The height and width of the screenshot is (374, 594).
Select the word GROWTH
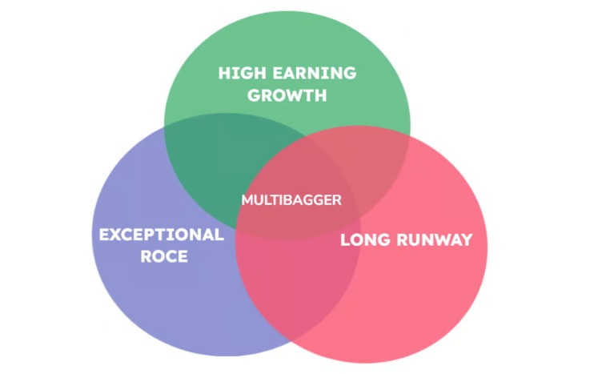click(287, 95)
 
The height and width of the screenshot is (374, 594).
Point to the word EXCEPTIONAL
click(161, 235)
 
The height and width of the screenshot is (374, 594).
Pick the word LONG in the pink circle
click(365, 239)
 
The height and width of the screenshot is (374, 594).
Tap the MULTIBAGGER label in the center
click(291, 199)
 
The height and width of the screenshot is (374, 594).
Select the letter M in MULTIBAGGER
click(247, 199)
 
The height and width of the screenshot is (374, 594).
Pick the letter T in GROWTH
click(306, 95)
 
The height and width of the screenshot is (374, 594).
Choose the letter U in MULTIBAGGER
click(258, 199)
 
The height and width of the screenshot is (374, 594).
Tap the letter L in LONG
click(346, 239)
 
